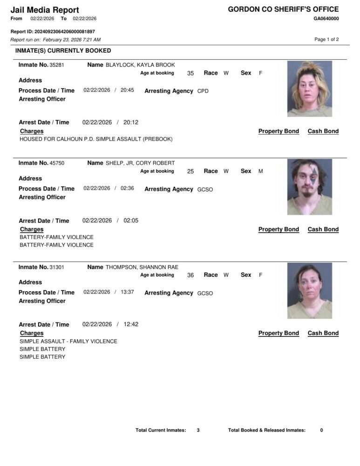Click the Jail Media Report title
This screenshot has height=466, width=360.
45,10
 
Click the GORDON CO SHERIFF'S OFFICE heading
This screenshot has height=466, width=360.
283,9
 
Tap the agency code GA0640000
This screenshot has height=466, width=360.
326,19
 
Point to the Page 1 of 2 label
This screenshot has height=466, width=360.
326,40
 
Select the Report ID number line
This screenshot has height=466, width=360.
53,31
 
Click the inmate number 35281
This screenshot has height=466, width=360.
56,65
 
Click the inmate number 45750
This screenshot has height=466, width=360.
56,163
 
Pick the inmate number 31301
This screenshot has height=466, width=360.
56,267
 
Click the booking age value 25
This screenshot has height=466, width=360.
190,171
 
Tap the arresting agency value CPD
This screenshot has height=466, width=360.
203,91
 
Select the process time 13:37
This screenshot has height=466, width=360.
127,292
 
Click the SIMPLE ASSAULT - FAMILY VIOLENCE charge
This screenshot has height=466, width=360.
68,342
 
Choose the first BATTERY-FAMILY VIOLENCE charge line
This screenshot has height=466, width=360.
56,237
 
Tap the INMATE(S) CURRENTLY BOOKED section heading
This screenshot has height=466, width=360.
63,50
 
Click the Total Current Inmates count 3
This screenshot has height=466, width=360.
198,430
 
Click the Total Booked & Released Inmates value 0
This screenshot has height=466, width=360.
321,430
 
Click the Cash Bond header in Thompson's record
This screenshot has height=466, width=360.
323,333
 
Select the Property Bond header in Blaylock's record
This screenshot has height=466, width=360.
278,131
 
